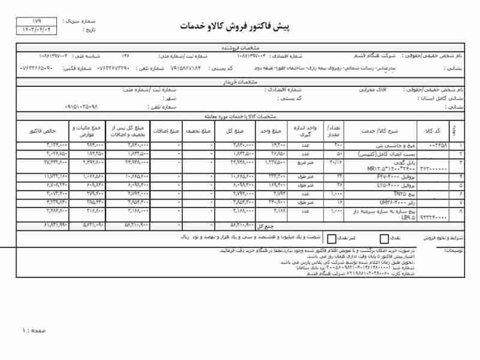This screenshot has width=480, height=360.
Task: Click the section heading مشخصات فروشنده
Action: [240, 46]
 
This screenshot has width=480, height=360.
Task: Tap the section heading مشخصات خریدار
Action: [240, 82]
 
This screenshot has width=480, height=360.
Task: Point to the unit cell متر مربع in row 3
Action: [304, 162]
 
